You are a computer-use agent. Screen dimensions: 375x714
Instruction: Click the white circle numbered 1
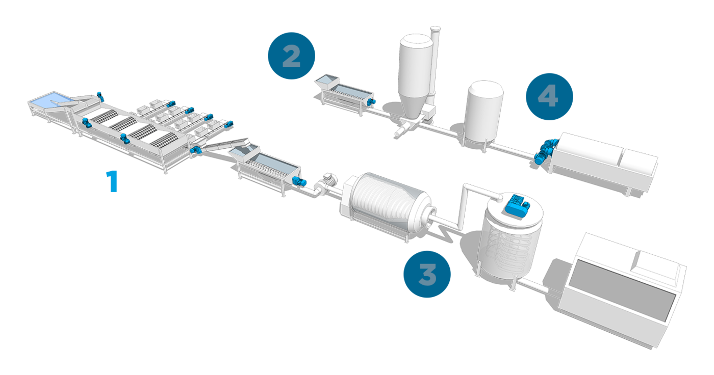(x=112, y=180)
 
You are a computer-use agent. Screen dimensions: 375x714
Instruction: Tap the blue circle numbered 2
(x=291, y=57)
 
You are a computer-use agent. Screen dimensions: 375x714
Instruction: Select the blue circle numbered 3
(x=427, y=274)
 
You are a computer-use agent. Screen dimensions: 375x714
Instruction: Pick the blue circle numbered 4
(x=549, y=97)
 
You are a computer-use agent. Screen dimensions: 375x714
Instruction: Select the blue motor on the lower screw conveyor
(x=301, y=182)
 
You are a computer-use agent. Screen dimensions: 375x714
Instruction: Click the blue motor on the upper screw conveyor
(x=372, y=102)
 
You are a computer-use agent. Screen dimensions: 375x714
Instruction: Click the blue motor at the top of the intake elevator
(x=99, y=95)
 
